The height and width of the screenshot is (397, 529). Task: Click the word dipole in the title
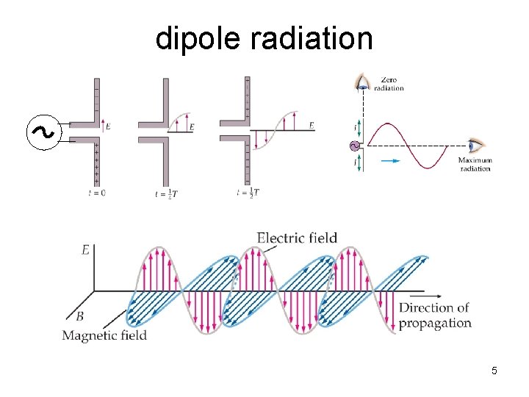(x=198, y=39)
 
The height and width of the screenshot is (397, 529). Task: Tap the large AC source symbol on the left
(x=43, y=133)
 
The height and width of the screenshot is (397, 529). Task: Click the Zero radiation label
(x=389, y=83)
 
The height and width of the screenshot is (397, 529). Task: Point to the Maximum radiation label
(x=475, y=164)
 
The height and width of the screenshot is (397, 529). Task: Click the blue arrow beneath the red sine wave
(x=392, y=158)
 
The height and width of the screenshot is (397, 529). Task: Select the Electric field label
(x=297, y=237)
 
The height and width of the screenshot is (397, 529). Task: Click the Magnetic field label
(x=104, y=336)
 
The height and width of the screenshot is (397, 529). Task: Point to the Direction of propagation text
(x=435, y=315)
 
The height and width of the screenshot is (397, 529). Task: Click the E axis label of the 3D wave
(x=85, y=250)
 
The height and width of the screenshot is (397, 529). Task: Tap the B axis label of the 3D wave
(x=80, y=316)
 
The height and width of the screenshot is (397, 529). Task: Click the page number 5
(x=494, y=371)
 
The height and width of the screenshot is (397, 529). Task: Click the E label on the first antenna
(x=108, y=126)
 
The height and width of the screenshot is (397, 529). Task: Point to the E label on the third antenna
(x=312, y=126)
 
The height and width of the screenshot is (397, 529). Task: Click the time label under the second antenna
(x=166, y=193)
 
